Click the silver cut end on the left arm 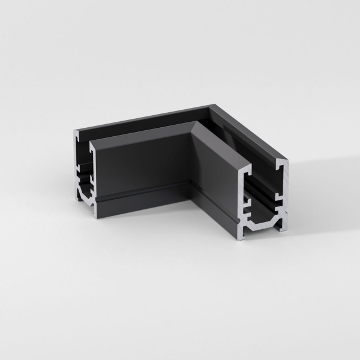(x=84, y=174)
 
